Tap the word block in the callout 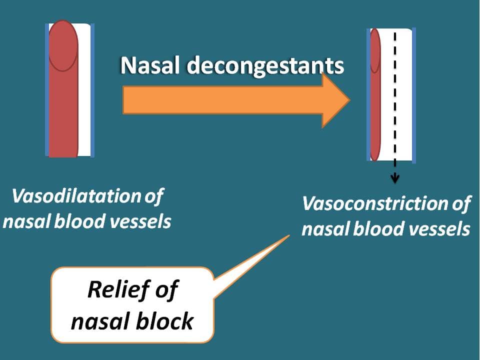[x=166, y=320]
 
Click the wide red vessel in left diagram [x=63, y=100]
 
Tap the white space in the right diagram [x=403, y=95]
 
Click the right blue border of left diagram [x=92, y=90]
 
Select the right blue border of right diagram [x=414, y=95]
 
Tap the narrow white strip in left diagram [x=85, y=100]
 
